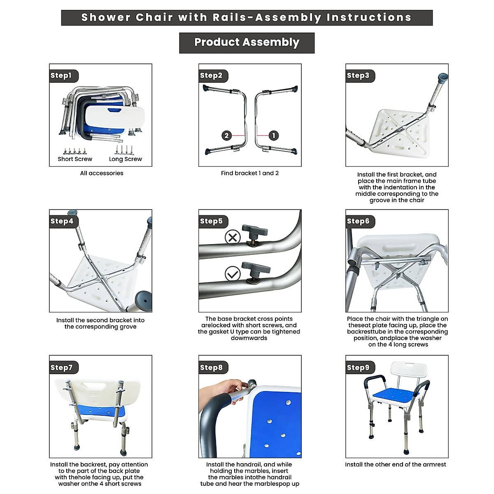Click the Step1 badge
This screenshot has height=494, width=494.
pyautogui.click(x=62, y=76)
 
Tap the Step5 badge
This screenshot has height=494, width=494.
pyautogui.click(x=212, y=221)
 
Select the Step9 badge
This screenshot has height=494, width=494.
pyautogui.click(x=359, y=368)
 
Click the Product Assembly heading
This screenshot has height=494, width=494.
pyautogui.click(x=247, y=42)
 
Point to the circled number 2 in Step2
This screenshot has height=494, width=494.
pyautogui.click(x=226, y=135)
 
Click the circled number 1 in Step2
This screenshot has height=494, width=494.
pyautogui.click(x=274, y=135)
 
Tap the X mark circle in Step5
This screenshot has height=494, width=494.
pyautogui.click(x=233, y=238)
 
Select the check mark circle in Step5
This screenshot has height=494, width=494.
pyautogui.click(x=233, y=274)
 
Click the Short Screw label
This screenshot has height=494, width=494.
pyautogui.click(x=75, y=159)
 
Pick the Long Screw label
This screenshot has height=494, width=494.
pyautogui.click(x=125, y=159)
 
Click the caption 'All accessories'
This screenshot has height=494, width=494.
pyautogui.click(x=102, y=173)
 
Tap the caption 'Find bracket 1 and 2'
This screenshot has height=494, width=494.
pyautogui.click(x=250, y=173)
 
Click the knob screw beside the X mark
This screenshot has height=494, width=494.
pyautogui.click(x=255, y=234)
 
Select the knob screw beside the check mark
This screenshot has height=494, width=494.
pyautogui.click(x=255, y=271)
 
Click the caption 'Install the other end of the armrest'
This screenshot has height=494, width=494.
pyautogui.click(x=396, y=465)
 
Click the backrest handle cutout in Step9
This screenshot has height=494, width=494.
pyautogui.click(x=409, y=365)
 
